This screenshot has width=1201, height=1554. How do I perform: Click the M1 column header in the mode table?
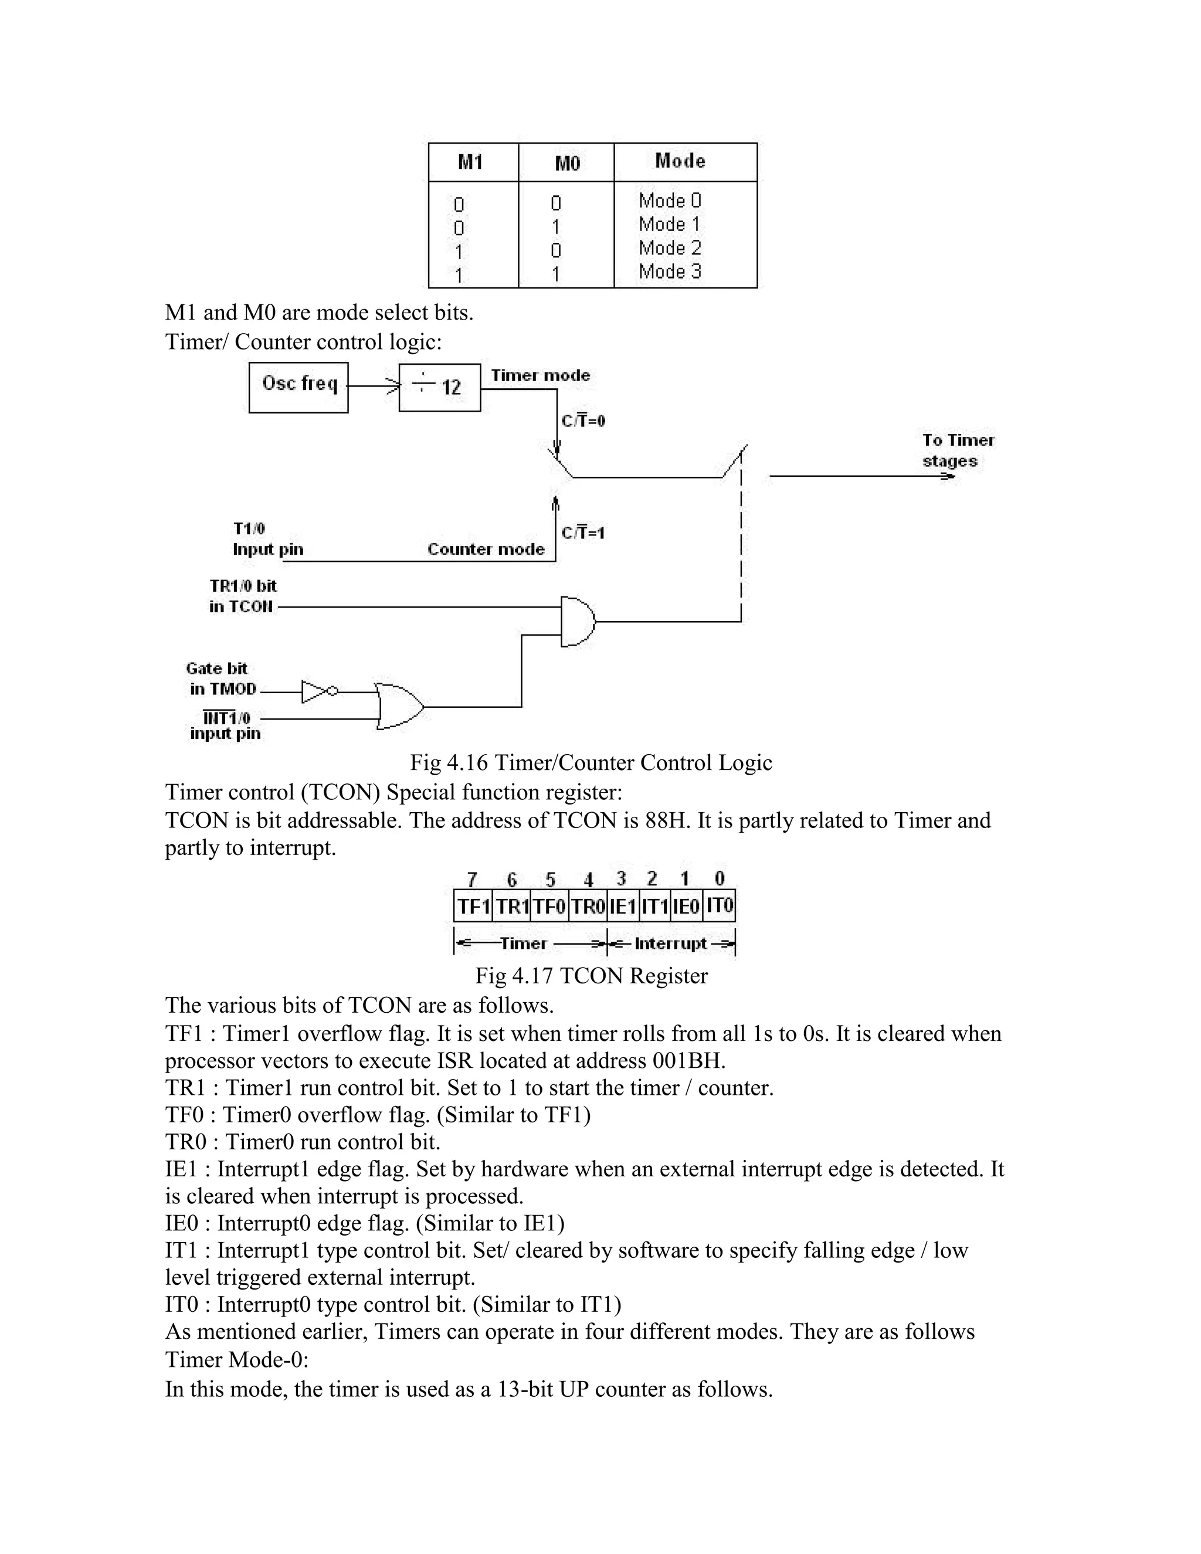(x=470, y=162)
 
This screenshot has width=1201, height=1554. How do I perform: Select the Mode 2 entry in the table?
(x=670, y=248)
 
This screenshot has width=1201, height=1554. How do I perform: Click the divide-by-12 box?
(x=439, y=387)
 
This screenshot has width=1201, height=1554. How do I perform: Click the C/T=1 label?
(x=583, y=533)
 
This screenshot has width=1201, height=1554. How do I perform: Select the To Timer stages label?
(x=958, y=450)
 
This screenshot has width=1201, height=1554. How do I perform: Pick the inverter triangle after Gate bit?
(x=314, y=691)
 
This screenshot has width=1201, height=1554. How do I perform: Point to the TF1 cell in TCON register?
(x=473, y=907)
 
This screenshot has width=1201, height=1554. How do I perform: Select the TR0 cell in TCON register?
(x=588, y=907)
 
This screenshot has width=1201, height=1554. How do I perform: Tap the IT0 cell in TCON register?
(x=720, y=906)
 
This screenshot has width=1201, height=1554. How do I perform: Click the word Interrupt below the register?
(x=670, y=944)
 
